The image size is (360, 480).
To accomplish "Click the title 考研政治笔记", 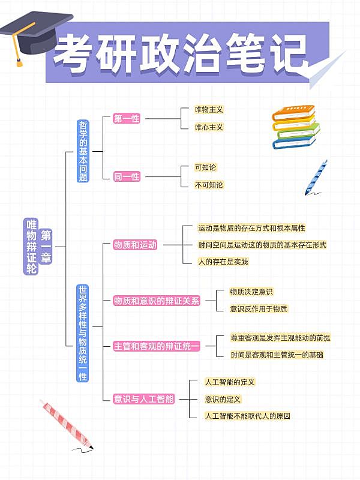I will click(180, 52).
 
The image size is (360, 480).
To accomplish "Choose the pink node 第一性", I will click(127, 119).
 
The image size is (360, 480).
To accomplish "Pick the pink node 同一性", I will click(127, 176).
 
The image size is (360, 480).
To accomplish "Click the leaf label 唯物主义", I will click(209, 110).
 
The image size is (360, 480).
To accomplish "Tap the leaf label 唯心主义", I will click(209, 127).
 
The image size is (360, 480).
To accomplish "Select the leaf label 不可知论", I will click(209, 185).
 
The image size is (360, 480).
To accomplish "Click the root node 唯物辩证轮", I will click(31, 247).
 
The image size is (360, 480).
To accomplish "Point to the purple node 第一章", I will click(46, 247).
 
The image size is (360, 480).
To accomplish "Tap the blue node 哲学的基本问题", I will click(83, 151).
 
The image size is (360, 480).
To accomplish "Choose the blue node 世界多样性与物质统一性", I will click(83, 334).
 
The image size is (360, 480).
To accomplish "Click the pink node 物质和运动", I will click(135, 245).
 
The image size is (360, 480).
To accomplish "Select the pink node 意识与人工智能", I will click(143, 398).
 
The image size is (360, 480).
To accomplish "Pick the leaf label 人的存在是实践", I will click(223, 262).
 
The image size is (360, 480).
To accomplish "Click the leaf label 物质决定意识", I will click(251, 292).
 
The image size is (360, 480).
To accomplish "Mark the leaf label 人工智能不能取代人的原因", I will click(247, 416).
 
